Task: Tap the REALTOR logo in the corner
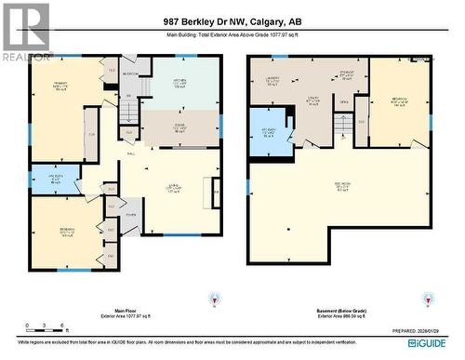pyautogui.click(x=26, y=33)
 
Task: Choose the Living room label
pyautogui.click(x=173, y=190)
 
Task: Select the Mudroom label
pyautogui.click(x=131, y=74)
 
